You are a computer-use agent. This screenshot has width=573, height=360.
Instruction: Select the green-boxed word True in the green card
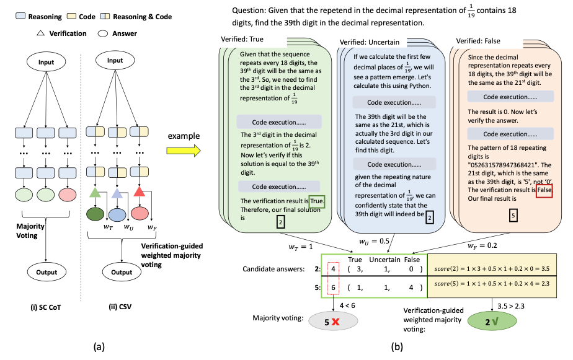(316, 201)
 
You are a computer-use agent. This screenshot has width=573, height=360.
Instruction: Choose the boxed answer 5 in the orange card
(512, 216)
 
